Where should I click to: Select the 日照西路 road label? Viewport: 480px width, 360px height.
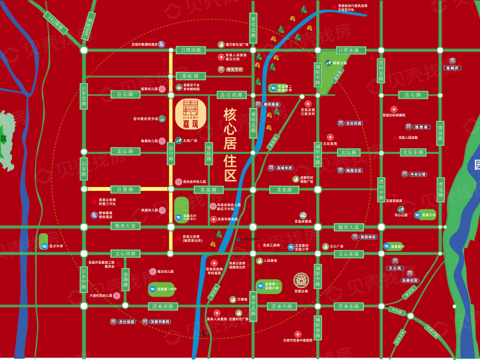pyautogui.click(x=191, y=49)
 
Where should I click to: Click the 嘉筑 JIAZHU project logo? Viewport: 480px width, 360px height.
pyautogui.click(x=191, y=114)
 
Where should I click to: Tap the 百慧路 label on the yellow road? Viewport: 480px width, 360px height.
pyautogui.click(x=125, y=189)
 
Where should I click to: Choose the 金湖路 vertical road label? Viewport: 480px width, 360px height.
pyautogui.click(x=125, y=279)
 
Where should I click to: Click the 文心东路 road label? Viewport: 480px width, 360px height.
pyautogui.click(x=348, y=254)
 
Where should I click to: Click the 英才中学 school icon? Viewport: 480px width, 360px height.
pyautogui.click(x=44, y=241)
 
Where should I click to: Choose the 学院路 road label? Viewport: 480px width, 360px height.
pyautogui.click(x=209, y=154)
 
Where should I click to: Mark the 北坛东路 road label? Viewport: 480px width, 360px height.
pyautogui.click(x=413, y=152)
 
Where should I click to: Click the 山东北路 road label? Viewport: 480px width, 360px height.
pyautogui.click(x=83, y=100)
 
